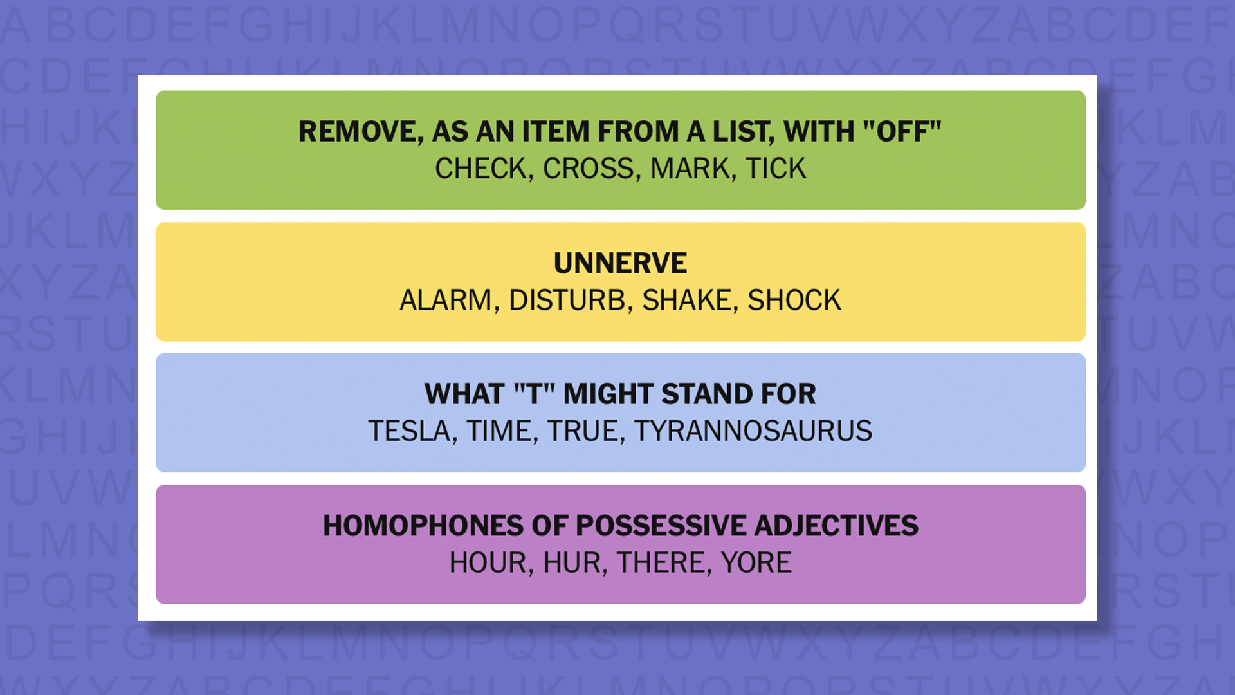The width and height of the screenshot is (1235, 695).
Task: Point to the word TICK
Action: point(775,169)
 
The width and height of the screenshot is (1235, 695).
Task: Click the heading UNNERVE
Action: point(620,263)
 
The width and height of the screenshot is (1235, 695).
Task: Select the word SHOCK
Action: point(794,301)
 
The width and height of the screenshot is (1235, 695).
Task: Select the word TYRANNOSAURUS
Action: point(753,431)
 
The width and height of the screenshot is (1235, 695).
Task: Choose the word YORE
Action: point(756,563)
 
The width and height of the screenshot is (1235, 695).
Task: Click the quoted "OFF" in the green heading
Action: point(902,132)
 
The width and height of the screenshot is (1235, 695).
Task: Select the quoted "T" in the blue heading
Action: point(534,394)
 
